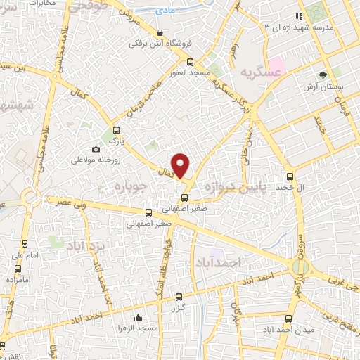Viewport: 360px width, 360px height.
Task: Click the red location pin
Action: (x=181, y=165)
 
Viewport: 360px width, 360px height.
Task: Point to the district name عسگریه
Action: (x=257, y=72)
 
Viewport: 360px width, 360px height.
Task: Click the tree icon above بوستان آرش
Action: (x=323, y=75)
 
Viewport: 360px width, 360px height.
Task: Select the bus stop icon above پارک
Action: (x=116, y=129)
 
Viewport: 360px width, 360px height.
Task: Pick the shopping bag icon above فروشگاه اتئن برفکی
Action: (x=161, y=32)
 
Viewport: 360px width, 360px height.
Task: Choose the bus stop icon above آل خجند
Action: (x=290, y=176)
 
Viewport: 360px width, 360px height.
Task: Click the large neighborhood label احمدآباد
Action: (x=238, y=262)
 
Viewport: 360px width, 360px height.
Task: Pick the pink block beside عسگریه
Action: (x=276, y=68)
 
